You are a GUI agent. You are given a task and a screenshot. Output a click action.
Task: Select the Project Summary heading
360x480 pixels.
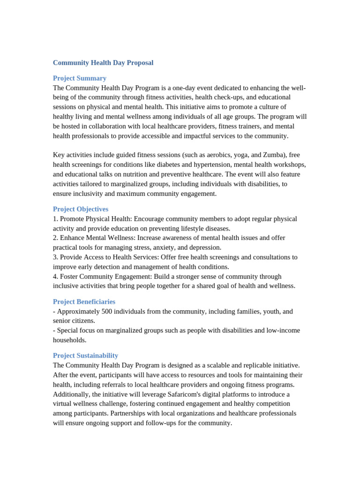[x=80, y=78]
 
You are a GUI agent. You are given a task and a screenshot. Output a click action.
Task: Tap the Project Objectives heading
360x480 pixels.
[x=81, y=209]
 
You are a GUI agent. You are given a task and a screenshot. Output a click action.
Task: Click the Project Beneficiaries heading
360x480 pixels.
[x=84, y=302]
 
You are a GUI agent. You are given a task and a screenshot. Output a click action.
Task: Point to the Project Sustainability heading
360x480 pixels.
[x=85, y=356]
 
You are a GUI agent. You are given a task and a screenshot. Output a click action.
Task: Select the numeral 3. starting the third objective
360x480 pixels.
[x=56, y=257]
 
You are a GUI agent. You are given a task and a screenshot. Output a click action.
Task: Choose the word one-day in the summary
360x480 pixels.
[x=180, y=88]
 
